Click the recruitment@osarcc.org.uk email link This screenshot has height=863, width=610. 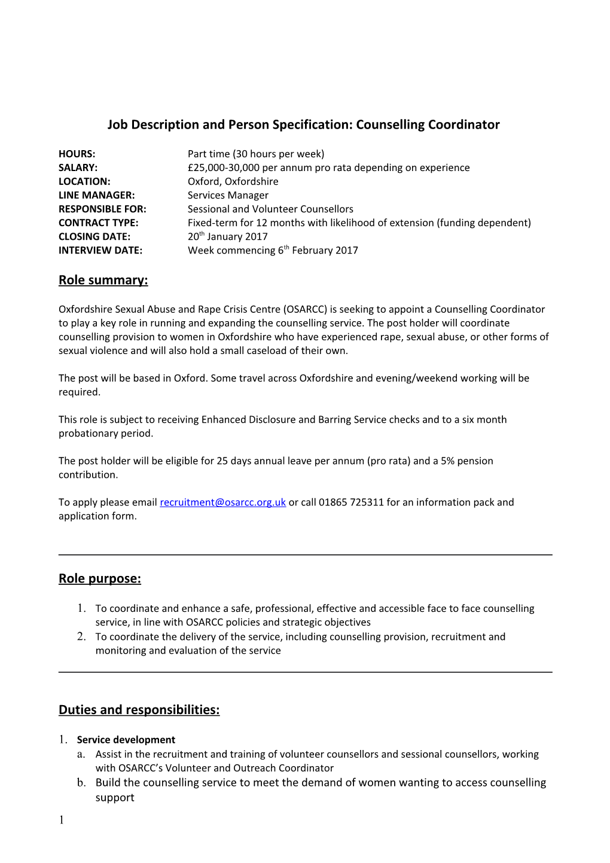pyautogui.click(x=222, y=502)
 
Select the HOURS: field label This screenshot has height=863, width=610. pyautogui.click(x=77, y=154)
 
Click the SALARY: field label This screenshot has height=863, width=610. pyautogui.click(x=78, y=168)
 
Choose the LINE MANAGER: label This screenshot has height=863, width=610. pyautogui.click(x=96, y=196)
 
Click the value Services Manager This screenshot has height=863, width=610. pyautogui.click(x=228, y=196)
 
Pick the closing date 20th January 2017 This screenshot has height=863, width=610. pyautogui.click(x=227, y=237)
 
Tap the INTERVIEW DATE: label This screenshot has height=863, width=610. pyautogui.click(x=100, y=251)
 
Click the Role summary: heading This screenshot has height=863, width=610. pyautogui.click(x=103, y=280)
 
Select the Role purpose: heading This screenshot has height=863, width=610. pyautogui.click(x=99, y=579)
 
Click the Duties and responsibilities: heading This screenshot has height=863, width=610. pyautogui.click(x=139, y=710)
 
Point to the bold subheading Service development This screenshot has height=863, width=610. pyautogui.click(x=126, y=740)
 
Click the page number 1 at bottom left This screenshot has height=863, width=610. pyautogui.click(x=61, y=820)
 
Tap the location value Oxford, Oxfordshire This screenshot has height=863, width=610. pyautogui.click(x=233, y=182)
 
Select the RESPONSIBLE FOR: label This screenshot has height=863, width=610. pyautogui.click(x=102, y=209)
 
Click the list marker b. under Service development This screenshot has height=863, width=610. pyautogui.click(x=81, y=783)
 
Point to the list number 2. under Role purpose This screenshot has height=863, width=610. pyautogui.click(x=81, y=637)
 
